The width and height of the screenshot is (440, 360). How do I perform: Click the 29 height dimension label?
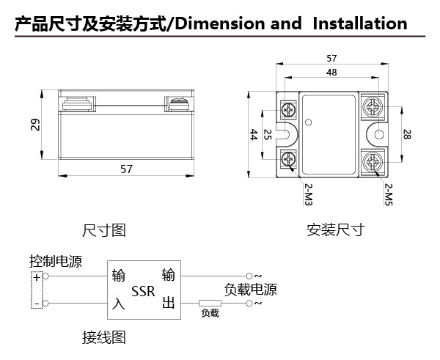[35, 125]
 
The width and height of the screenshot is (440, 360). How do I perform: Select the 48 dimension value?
[331, 73]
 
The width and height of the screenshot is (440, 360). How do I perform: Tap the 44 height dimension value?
[254, 135]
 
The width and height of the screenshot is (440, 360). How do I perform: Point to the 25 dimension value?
[268, 135]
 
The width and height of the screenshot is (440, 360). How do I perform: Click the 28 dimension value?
[407, 134]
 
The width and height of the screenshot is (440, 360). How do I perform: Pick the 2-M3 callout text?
[308, 194]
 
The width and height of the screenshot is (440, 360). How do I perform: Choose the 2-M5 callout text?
[389, 194]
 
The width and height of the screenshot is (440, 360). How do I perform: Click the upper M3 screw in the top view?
[288, 110]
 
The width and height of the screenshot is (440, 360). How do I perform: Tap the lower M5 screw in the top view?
[373, 161]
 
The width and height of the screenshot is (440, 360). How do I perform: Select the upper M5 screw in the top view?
[373, 107]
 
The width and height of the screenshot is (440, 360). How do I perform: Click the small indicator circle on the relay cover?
[309, 122]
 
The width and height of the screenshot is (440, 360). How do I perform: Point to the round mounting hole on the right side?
[379, 134]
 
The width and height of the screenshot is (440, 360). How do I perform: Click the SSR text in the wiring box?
[143, 291]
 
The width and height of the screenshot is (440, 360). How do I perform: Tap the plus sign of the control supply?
[37, 277]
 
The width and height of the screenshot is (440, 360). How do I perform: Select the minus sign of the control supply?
[37, 304]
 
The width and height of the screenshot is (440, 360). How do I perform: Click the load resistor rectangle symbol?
[210, 303]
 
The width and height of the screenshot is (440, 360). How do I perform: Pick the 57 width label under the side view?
[126, 169]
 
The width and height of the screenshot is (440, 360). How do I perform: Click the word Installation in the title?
[360, 23]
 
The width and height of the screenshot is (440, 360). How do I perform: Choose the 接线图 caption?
[104, 337]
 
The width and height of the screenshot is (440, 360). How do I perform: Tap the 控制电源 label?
[56, 262]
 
